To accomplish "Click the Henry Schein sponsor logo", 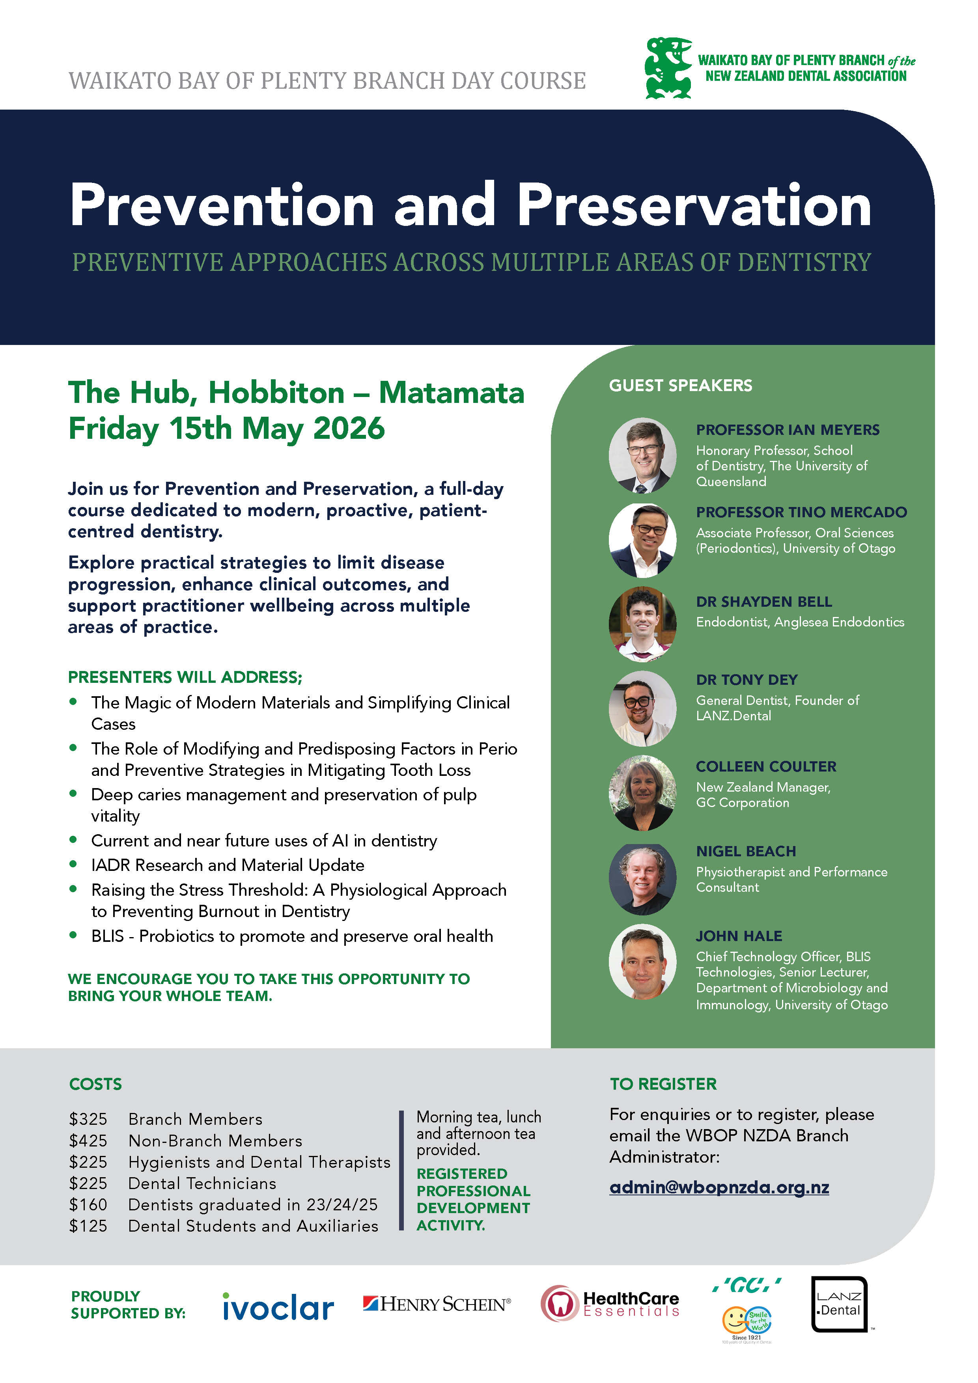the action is click(437, 1304).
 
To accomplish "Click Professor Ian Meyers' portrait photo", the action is click(642, 455).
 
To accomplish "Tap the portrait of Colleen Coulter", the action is click(642, 793).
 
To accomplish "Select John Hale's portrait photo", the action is click(642, 962).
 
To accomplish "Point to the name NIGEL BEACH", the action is click(746, 851).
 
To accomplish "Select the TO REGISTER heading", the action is click(663, 1084).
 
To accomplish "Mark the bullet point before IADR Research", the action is click(73, 864).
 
